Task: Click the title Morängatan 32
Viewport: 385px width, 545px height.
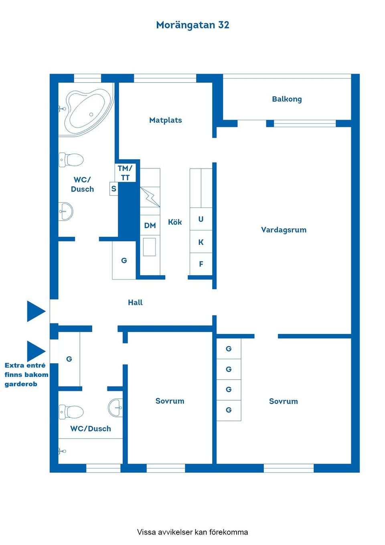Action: point(192,25)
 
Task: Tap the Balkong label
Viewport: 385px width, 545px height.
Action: point(287,99)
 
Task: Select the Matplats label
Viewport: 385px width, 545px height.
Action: point(165,120)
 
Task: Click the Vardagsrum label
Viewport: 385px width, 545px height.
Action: point(284,230)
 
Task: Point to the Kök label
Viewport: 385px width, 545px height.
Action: point(175,222)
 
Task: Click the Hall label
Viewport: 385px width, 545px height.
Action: point(135,303)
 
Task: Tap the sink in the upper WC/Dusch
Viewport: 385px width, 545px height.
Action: point(66,211)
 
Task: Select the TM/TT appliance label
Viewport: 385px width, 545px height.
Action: point(125,173)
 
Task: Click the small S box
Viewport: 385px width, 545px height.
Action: point(114,189)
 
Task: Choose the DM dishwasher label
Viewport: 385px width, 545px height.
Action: point(150,226)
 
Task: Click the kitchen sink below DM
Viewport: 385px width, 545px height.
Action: point(150,247)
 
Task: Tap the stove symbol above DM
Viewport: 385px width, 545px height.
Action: point(150,197)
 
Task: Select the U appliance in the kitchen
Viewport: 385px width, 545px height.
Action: point(201,219)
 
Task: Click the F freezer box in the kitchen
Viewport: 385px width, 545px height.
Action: point(201,264)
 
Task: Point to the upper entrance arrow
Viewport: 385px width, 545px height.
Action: point(36,311)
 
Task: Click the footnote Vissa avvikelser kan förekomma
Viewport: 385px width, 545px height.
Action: point(192,532)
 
